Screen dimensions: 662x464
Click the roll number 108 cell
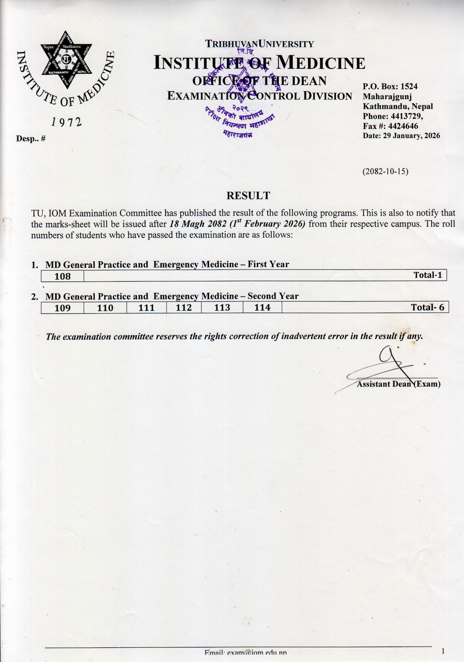coord(62,276)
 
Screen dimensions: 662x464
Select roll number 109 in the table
coord(62,308)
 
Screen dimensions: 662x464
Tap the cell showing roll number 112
coord(184,308)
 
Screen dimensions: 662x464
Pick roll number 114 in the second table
coord(262,308)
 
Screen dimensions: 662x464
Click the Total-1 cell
coord(427,275)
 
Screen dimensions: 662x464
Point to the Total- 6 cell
coord(427,307)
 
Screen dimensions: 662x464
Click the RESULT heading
coord(248,196)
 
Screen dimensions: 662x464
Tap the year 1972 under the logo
coord(67,122)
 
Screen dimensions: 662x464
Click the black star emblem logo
coord(67,59)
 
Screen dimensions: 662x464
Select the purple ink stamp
coord(242,98)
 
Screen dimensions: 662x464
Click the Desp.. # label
coord(31,139)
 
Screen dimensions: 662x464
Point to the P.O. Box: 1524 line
coord(390,87)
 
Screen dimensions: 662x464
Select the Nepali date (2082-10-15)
coord(385,171)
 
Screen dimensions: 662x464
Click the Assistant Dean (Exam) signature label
coord(399,384)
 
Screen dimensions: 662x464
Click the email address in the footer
coord(246,653)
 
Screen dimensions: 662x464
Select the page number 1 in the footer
coord(443,651)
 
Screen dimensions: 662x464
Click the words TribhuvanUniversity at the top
coord(259,44)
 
